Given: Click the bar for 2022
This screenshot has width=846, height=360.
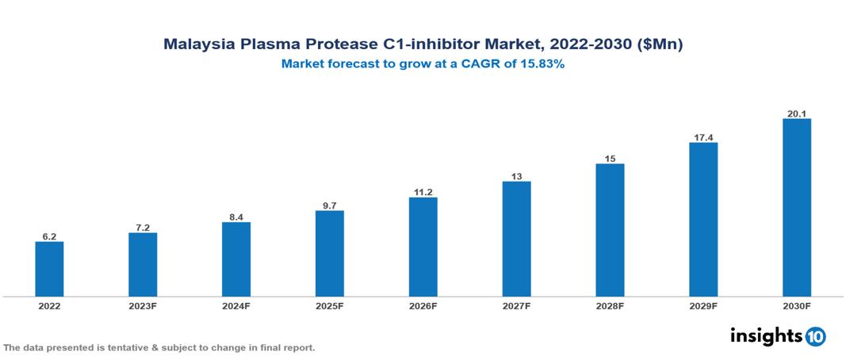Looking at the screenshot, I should pos(49,269).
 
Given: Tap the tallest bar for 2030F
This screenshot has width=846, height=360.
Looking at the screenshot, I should pos(796,208).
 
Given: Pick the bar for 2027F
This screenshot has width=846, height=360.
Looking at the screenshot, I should pos(516,239).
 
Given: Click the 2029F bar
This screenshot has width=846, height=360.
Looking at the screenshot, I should pos(703,220).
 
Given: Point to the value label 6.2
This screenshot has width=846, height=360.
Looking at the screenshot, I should pos(49,236).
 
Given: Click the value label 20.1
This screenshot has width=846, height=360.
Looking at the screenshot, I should pos(796,113).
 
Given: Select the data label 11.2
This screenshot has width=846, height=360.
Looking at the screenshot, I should pos(423,192).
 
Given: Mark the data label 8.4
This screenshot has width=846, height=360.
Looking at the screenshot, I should pos(236,216).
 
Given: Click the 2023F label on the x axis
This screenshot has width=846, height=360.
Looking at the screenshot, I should pos(143,306).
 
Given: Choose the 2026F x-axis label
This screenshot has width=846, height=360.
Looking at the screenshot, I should pos(423,306).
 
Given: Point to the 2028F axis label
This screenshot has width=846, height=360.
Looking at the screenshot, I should pos(610,306).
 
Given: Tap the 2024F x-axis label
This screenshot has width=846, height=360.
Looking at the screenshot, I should pos(236,306).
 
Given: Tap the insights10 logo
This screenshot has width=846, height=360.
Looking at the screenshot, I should pos(778,335).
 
